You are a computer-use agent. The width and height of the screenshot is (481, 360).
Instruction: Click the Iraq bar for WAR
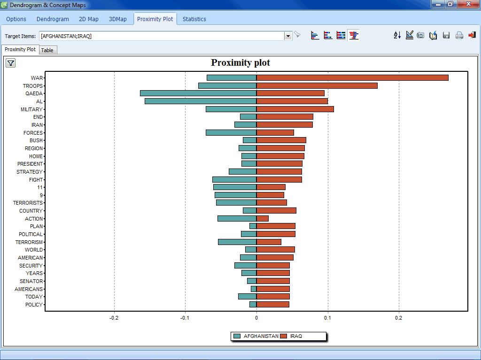coord(352,78)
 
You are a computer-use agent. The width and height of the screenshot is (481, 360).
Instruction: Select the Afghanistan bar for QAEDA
coord(198,93)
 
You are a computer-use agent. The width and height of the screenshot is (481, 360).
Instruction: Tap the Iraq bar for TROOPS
coord(317,86)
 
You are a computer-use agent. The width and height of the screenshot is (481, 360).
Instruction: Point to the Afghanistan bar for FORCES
coord(231,133)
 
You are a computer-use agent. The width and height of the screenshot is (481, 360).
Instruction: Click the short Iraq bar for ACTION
coord(263,219)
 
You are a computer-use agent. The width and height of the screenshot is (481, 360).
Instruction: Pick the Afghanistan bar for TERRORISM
coord(237,242)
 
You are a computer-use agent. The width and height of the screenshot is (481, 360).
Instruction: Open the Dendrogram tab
coord(53,19)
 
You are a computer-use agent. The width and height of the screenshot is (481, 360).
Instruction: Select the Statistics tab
coord(194,19)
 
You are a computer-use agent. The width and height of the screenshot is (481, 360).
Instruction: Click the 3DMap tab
coord(118,19)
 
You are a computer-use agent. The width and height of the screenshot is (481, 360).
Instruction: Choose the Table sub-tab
coord(47,50)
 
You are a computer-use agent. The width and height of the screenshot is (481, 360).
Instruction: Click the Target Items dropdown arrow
coord(288,36)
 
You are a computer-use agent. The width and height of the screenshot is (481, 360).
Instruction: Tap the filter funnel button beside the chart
coord(11,63)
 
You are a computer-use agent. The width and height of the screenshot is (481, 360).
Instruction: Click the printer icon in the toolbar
coord(459,36)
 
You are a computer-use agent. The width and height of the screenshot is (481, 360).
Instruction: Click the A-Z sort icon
coord(397,36)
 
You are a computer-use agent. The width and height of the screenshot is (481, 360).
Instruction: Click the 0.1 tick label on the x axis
coord(327,318)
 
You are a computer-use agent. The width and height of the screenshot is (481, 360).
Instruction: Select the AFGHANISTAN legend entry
coord(256,336)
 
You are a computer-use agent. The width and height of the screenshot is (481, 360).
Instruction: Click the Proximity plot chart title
coord(240,62)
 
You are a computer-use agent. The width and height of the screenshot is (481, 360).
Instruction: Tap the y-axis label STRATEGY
coord(30,172)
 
